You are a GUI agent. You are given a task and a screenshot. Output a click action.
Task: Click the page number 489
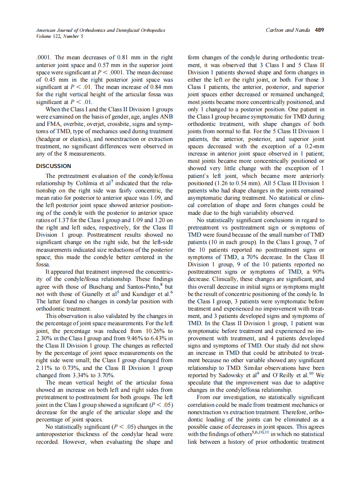(x=320, y=31)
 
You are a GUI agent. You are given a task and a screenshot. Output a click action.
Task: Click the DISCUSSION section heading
(x=54, y=166)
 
